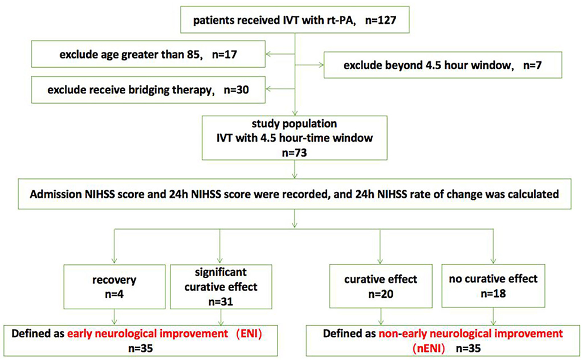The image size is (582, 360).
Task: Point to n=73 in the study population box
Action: click(294, 153)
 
